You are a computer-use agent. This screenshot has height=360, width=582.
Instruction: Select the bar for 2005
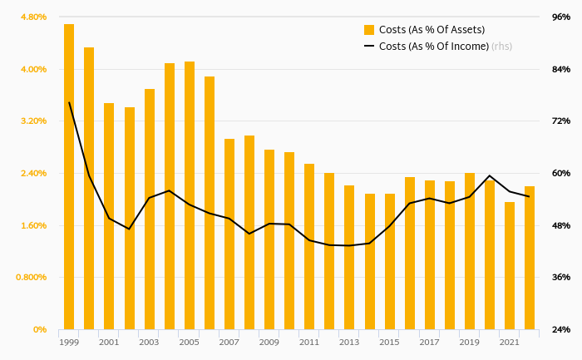coord(190,195)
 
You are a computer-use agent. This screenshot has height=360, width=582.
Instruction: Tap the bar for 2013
coord(349,257)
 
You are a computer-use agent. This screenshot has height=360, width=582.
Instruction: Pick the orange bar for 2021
coord(510,265)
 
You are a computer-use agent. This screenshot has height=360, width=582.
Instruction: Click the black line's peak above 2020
coord(490,176)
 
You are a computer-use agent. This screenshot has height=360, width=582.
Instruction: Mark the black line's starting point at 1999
coord(69,103)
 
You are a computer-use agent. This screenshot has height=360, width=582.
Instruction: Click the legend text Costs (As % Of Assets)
coord(432,30)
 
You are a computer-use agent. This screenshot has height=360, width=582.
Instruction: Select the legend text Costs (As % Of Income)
coord(433,47)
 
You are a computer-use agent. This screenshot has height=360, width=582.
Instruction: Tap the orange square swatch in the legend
coord(369,30)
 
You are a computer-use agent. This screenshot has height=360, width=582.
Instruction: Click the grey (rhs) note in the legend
coord(501,47)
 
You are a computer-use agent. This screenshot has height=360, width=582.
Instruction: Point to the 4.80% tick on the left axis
coord(32,17)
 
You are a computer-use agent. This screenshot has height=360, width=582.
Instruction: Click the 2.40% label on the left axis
coord(32,173)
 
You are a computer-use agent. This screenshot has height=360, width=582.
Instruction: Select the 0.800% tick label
coord(30,277)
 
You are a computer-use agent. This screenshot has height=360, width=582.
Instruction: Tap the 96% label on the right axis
coord(560,17)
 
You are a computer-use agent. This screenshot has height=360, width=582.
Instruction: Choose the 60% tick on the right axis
coord(560,173)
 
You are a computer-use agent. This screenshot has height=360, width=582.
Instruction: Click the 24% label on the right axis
coord(560,329)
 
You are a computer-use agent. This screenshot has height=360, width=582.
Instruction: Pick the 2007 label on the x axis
coord(229,342)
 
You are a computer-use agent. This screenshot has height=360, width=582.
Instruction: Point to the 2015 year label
coord(389,342)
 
